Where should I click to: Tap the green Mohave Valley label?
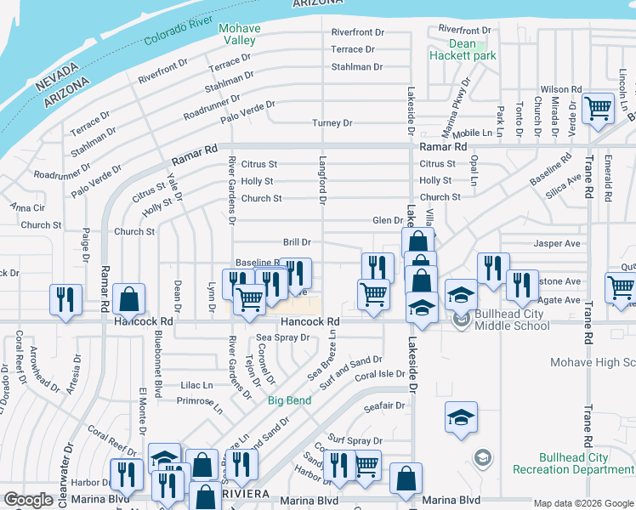tap(239, 34)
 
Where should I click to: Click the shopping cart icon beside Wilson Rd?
tap(599, 109)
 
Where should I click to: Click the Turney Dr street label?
tap(332, 123)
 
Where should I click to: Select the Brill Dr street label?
tap(297, 243)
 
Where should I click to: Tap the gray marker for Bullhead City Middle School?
tap(461, 320)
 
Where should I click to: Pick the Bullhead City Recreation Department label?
tap(573, 463)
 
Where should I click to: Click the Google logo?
tap(28, 500)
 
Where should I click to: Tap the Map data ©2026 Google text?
tap(582, 502)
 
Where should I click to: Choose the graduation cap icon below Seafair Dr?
tap(461, 417)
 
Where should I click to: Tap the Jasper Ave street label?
tap(556, 243)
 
